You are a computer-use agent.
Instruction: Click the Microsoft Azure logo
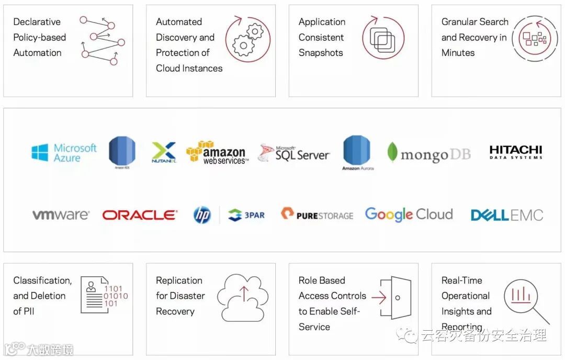(64, 152)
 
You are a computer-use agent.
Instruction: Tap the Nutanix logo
(164, 152)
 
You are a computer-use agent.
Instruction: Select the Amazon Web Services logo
(218, 152)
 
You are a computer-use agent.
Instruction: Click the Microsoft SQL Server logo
(293, 153)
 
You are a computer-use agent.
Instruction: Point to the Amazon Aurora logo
(357, 152)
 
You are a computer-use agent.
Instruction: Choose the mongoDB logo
(429, 154)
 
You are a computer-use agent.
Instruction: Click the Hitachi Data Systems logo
(516, 152)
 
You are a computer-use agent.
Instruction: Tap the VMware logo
(61, 215)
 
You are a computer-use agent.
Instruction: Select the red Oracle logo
(140, 215)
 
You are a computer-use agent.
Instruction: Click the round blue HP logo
(202, 215)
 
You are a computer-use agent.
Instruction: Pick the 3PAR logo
(247, 215)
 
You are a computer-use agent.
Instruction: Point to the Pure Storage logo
(317, 215)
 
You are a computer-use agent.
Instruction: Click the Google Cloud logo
(409, 215)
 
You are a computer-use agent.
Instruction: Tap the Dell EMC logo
(506, 215)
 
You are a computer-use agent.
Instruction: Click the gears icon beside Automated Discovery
(248, 39)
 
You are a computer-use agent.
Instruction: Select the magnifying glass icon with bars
(523, 298)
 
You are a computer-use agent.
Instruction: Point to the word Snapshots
(321, 53)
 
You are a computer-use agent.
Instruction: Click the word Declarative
(37, 22)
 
